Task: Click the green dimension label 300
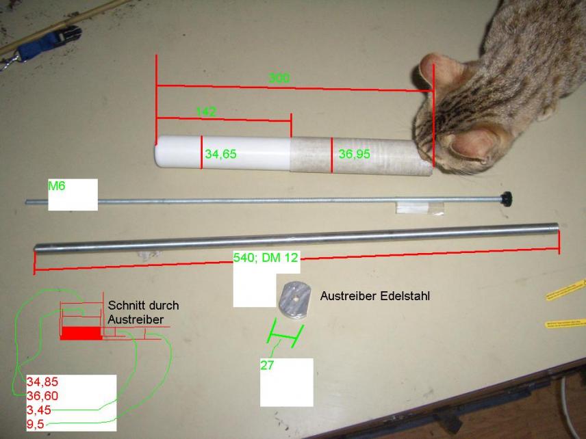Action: pos(279,78)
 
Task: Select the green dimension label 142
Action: pos(206,111)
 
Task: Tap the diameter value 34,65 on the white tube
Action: pos(220,155)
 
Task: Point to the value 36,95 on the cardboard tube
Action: pos(354,155)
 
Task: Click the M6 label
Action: pos(57,185)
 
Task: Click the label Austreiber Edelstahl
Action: pos(375,297)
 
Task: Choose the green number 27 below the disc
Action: pos(267,365)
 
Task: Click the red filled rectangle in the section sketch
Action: pos(81,334)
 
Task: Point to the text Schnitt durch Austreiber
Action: pos(142,312)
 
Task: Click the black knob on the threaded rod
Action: pos(508,198)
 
